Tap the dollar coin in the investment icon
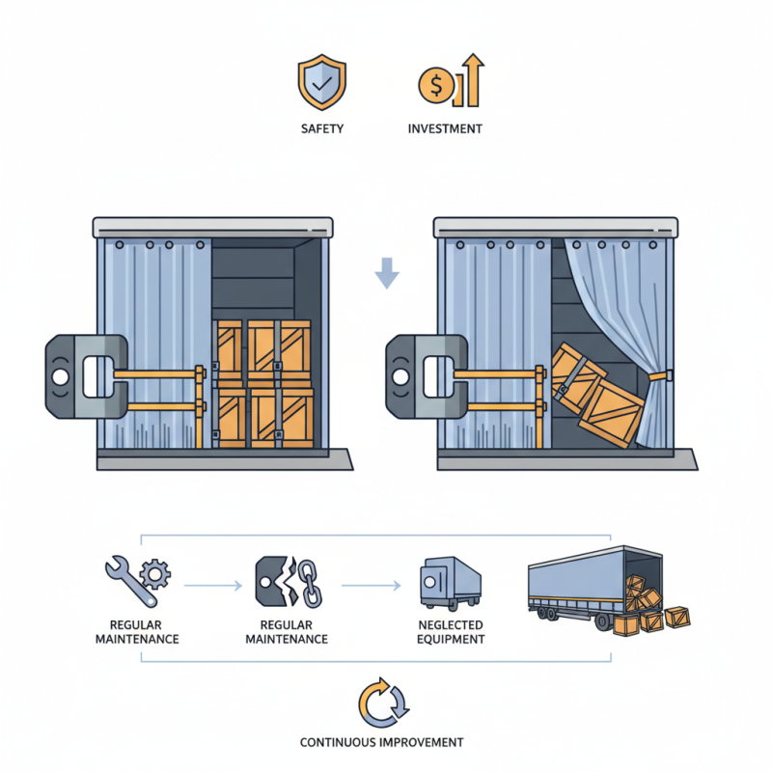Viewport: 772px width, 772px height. click(435, 87)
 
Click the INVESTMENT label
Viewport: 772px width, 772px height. click(445, 129)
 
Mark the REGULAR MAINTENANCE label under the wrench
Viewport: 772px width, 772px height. click(136, 632)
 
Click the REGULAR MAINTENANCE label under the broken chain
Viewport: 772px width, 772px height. click(287, 632)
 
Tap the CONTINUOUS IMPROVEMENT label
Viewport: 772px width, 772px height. click(381, 743)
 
